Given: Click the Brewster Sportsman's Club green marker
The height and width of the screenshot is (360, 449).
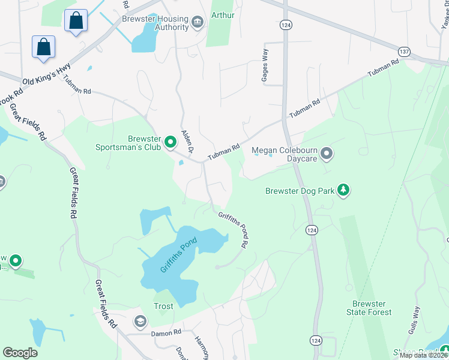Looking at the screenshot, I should pyautogui.click(x=170, y=142).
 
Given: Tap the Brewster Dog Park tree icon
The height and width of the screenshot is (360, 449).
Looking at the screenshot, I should pyautogui.click(x=343, y=190).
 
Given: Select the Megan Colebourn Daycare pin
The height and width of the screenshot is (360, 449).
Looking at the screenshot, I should pyautogui.click(x=327, y=154).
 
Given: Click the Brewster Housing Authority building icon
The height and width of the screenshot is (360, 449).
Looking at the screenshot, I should pyautogui.click(x=197, y=23).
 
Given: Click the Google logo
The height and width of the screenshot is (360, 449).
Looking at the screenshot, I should pyautogui.click(x=20, y=353).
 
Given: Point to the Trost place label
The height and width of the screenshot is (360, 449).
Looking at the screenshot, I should pyautogui.click(x=163, y=306).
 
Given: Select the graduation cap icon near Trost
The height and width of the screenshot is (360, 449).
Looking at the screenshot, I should pyautogui.click(x=140, y=322).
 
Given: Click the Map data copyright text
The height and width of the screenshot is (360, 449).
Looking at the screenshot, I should pyautogui.click(x=423, y=355).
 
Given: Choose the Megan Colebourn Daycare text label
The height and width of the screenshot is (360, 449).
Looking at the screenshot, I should pyautogui.click(x=284, y=154).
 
